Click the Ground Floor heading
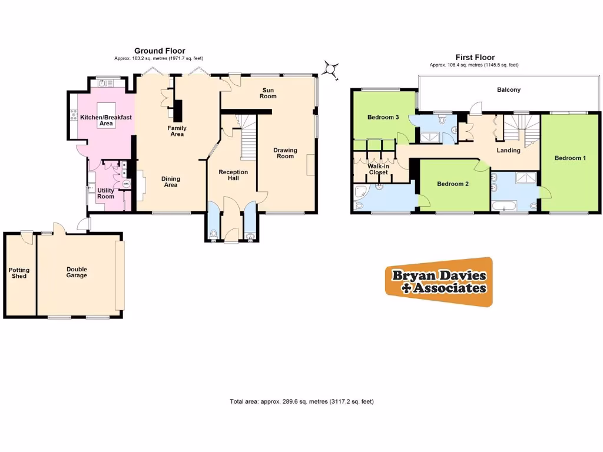point(159,51)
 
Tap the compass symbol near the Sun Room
point(331,70)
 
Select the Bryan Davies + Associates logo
point(439,281)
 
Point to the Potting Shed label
point(19,273)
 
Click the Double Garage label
point(77,272)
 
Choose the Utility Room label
point(106,193)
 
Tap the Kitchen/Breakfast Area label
point(106,120)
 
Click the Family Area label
point(177,131)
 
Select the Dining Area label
point(171,182)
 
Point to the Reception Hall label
point(233,175)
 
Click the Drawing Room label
point(285,153)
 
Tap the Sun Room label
point(269,92)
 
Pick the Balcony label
point(508,90)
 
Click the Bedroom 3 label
point(383,117)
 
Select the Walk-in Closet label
point(378,169)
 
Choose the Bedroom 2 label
point(452,184)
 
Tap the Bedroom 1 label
point(570,158)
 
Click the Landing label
point(508,150)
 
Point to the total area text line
point(301,401)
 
